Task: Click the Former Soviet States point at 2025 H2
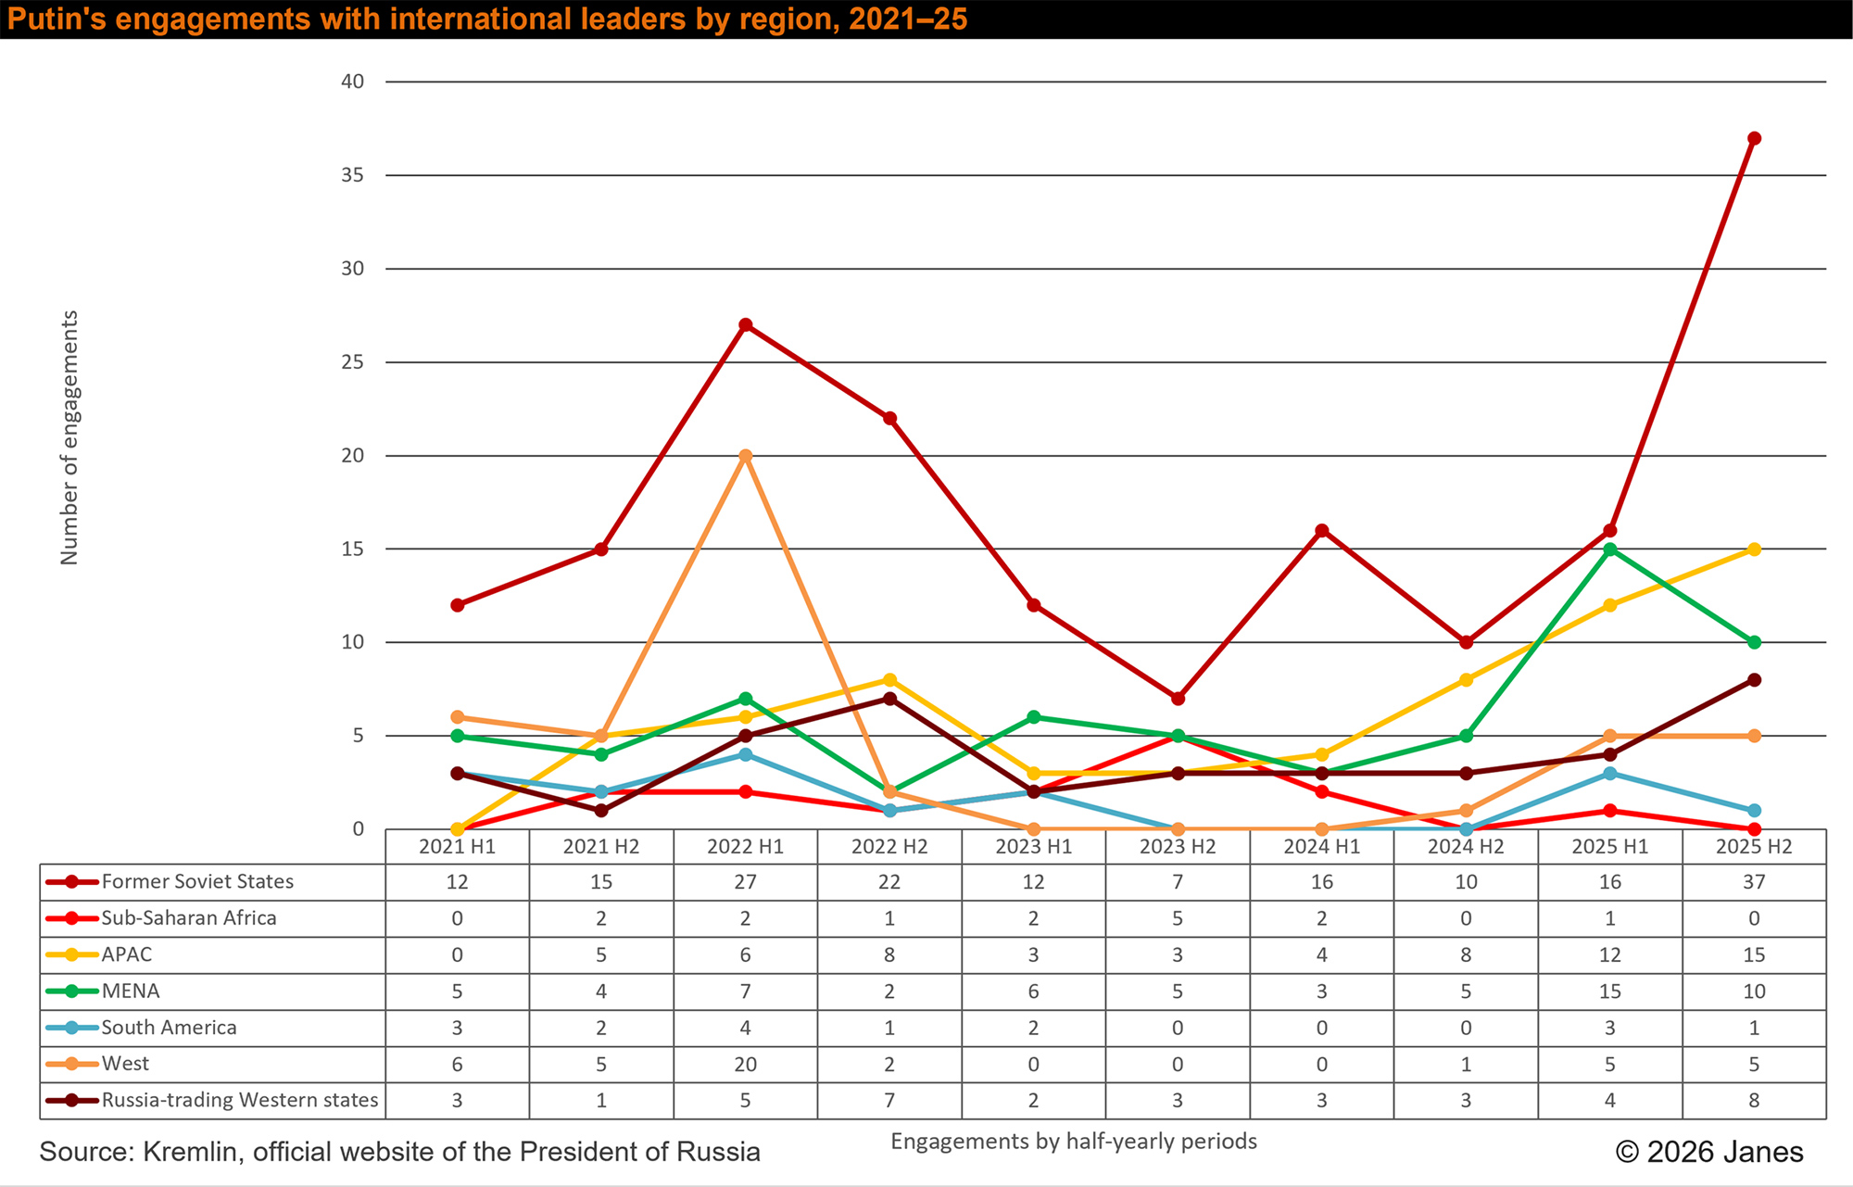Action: (1754, 138)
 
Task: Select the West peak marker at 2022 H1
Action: (746, 456)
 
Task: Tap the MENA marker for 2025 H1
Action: (1610, 549)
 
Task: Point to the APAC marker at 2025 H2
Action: (1754, 549)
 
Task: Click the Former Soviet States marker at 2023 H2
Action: (1178, 699)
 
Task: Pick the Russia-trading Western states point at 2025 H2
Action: (1754, 680)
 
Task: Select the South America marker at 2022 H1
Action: (746, 754)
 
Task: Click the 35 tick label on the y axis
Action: (353, 175)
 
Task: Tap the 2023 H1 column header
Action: (1034, 846)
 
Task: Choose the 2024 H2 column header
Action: (1466, 846)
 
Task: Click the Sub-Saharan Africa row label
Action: (189, 918)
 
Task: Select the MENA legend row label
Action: (131, 991)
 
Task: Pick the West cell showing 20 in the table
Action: (746, 1064)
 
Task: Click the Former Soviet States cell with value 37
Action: (1754, 882)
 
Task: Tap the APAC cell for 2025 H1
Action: (1610, 954)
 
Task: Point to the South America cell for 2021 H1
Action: (458, 1028)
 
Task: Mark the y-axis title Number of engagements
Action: (69, 437)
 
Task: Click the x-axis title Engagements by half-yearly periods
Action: (1074, 1142)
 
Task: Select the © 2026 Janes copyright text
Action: (1709, 1152)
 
